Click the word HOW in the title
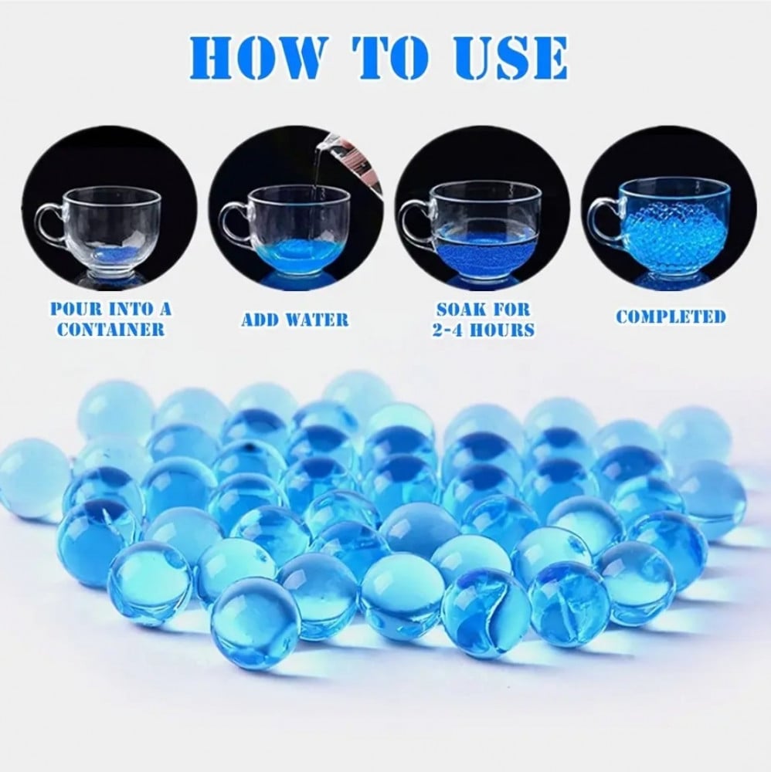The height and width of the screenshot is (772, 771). point(258,57)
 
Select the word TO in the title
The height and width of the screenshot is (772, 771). point(389,57)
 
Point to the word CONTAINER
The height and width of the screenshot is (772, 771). point(110,329)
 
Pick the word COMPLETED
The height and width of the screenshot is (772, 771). point(671,317)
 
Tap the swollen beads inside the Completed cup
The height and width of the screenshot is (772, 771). point(674,240)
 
